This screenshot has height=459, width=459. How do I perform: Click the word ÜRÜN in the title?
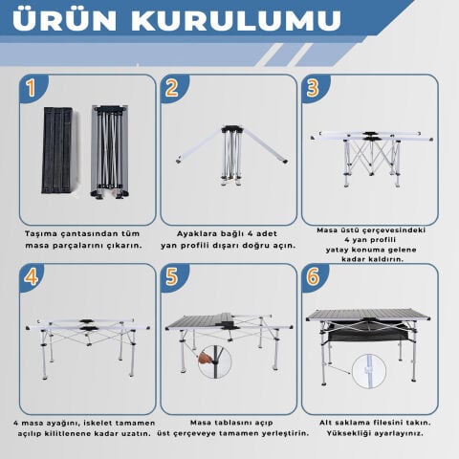64,20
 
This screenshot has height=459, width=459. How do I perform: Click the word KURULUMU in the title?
236,20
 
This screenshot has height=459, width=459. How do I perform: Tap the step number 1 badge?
32,88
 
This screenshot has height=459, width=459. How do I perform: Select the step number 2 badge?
172,88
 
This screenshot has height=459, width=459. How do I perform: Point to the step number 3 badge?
313,88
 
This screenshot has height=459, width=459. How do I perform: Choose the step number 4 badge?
32,276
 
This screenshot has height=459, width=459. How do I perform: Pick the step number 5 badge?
172,276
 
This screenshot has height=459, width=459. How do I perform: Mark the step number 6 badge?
313,276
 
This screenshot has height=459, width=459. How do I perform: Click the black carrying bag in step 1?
57,150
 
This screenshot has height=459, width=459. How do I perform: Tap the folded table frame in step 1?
110,151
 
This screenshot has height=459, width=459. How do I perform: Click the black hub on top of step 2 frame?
232,129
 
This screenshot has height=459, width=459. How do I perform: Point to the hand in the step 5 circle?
206,358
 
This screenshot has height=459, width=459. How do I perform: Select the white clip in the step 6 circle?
369,370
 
